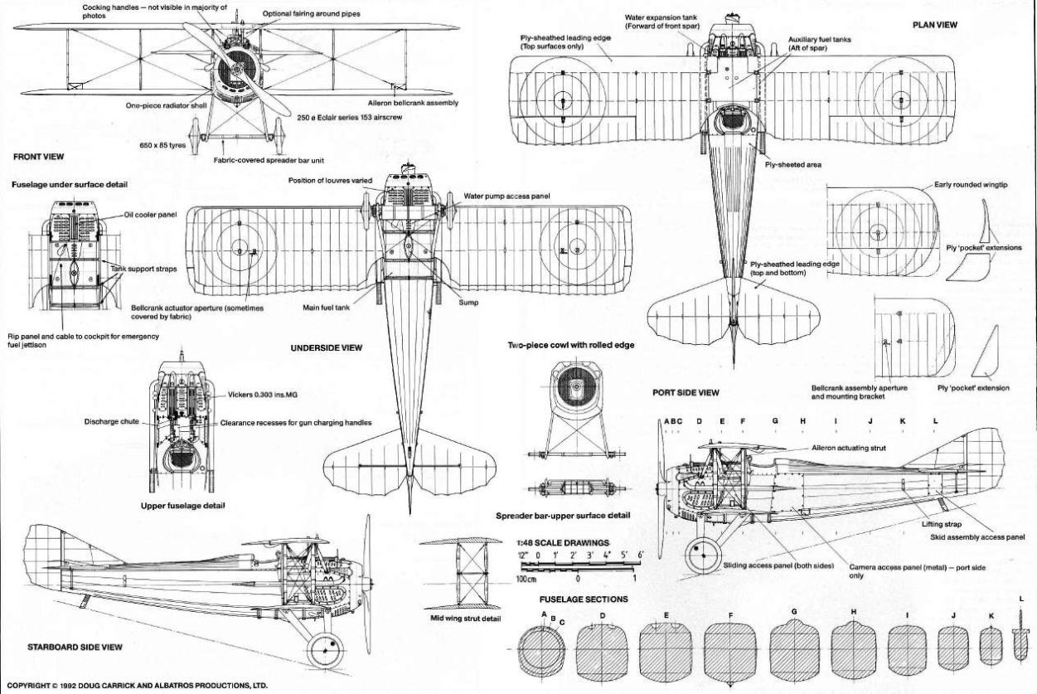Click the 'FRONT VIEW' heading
[x=38, y=157]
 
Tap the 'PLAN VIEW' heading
[x=935, y=25]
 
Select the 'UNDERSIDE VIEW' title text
[x=327, y=347]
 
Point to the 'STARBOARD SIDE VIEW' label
[x=75, y=647]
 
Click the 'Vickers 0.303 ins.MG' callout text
[x=263, y=395]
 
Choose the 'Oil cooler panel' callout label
[x=150, y=215]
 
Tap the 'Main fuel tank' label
[x=327, y=308]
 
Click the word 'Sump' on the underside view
[x=468, y=303]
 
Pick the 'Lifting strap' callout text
[x=942, y=524]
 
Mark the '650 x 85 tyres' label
[x=162, y=145]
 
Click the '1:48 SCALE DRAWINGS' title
[x=563, y=543]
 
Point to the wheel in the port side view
[x=703, y=556]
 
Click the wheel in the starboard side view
[x=326, y=651]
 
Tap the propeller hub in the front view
[x=237, y=70]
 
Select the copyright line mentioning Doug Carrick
[x=137, y=686]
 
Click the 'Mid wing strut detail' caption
[x=465, y=619]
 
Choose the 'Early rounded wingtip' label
[x=971, y=185]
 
